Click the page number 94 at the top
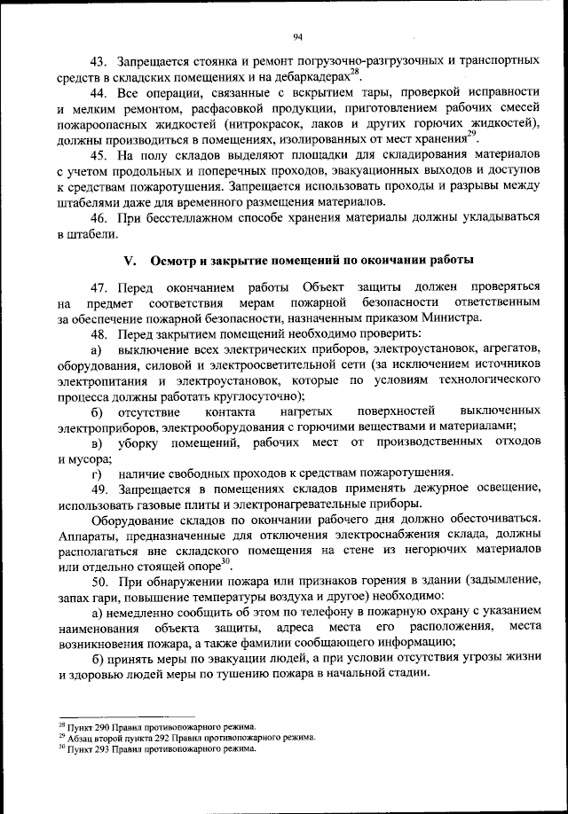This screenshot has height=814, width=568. click(x=296, y=36)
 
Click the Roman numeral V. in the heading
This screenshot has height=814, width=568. click(x=129, y=261)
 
